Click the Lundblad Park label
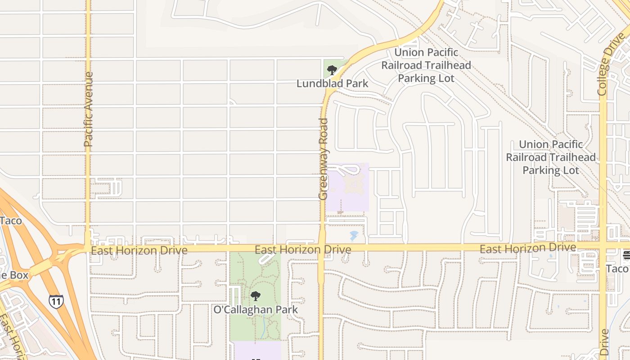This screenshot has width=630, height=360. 332,83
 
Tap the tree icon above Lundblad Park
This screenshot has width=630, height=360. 332,70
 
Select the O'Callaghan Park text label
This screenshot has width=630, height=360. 256,310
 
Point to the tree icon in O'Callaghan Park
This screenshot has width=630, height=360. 256,296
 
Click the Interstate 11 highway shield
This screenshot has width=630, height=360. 56,301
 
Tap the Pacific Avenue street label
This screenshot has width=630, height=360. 88,109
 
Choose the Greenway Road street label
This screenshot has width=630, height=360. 323,159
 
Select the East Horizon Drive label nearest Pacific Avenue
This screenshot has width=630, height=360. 139,250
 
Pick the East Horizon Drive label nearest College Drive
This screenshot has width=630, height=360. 527,248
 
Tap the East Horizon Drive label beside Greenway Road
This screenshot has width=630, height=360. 303,249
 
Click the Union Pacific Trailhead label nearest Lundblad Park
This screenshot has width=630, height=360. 426,65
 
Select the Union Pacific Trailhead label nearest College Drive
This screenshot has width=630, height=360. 551,157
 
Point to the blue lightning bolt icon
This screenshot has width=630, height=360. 354,235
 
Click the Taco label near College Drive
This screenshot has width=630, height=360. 617,269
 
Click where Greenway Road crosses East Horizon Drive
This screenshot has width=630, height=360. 322,248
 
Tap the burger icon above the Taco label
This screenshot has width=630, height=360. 626,255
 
